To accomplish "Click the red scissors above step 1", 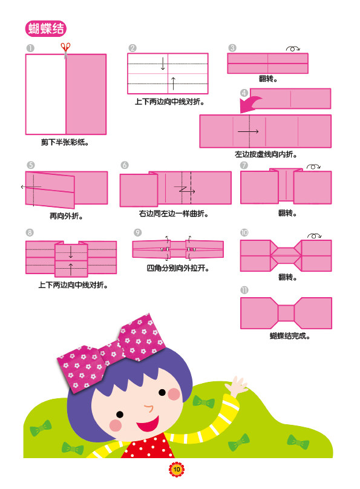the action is click(x=65, y=50).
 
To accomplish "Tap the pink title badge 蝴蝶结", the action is click(x=46, y=28).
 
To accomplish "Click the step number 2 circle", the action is click(x=133, y=48).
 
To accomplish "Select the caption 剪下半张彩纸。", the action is click(x=65, y=142).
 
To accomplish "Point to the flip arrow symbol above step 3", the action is click(x=293, y=48).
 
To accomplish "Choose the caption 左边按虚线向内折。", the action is click(x=266, y=154).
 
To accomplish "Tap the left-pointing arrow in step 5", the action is click(x=31, y=187).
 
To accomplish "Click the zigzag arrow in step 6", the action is click(x=185, y=189).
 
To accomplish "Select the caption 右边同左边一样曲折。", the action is click(x=174, y=214).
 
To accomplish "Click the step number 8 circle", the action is click(x=30, y=232).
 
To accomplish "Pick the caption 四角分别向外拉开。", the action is click(x=178, y=268).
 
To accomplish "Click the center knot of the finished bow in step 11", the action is click(x=286, y=313).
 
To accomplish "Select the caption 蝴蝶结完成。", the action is click(x=290, y=336).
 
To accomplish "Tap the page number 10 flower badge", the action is click(x=177, y=470).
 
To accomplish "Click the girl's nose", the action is click(x=148, y=408).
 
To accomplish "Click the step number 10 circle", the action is click(x=244, y=232).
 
